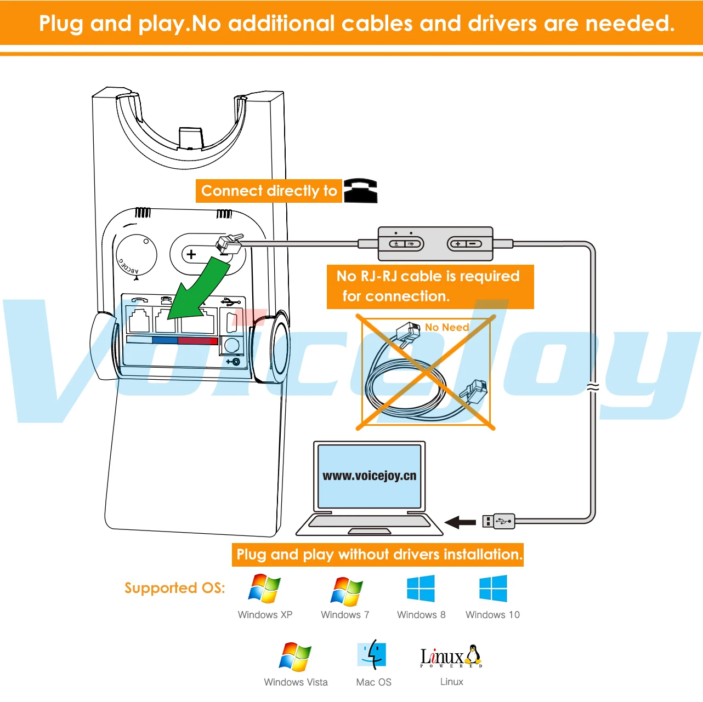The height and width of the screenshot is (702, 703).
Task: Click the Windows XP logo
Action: [264, 589]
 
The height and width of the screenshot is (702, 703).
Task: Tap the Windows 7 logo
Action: [346, 590]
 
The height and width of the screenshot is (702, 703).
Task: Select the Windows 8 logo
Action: [421, 589]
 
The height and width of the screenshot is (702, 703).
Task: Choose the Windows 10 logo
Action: [493, 589]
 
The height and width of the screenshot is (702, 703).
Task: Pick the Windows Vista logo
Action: [295, 657]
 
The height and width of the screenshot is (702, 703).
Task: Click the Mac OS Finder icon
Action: [372, 654]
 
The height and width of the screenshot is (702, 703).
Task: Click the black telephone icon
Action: [361, 191]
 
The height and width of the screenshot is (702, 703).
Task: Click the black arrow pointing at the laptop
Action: [460, 522]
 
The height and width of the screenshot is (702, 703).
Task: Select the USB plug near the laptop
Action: [498, 521]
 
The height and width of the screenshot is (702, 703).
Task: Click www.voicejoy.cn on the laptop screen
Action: [369, 476]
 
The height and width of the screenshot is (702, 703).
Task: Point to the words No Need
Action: [447, 327]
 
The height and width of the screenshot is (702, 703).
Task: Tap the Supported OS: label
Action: [174, 588]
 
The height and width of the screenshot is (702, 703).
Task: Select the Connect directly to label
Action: [269, 191]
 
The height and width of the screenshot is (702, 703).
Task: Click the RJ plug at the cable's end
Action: [229, 244]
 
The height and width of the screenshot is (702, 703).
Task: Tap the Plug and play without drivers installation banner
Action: [377, 555]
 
